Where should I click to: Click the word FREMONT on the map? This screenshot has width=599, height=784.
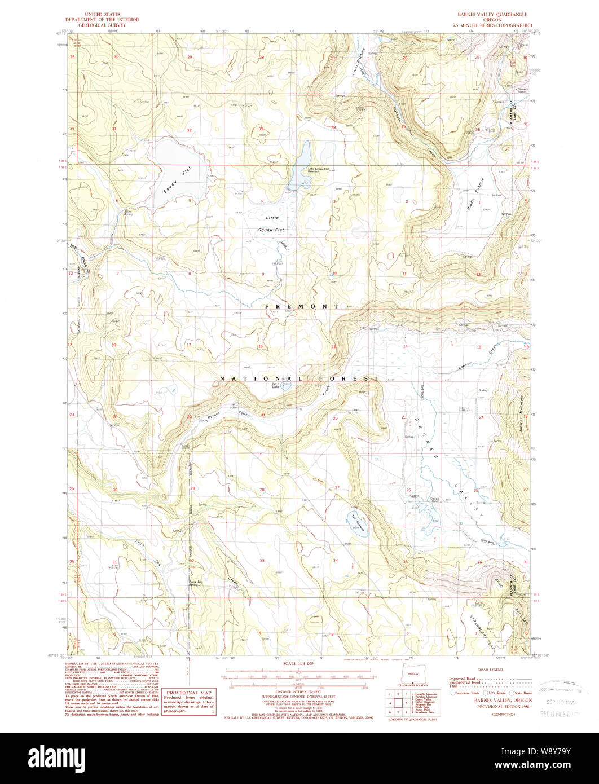302,306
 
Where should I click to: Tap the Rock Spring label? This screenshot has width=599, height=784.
128,213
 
